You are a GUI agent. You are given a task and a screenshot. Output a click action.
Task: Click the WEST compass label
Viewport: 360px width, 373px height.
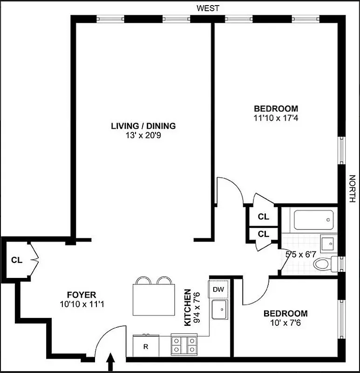208,8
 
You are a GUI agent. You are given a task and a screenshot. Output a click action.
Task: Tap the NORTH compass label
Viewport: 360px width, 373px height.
352,189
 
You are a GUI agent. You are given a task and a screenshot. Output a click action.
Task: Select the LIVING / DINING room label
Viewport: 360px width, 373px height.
143,126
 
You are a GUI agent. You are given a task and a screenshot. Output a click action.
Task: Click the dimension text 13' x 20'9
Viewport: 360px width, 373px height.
143,136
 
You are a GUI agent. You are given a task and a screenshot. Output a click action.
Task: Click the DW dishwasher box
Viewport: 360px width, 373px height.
218,290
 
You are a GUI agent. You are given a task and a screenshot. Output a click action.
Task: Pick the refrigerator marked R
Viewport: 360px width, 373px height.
145,346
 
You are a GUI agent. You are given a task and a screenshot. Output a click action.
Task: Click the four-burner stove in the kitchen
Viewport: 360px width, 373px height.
185,346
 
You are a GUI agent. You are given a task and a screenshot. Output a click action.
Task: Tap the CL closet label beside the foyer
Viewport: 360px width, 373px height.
17,260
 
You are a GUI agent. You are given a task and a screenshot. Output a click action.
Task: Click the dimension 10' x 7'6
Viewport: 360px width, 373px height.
285,323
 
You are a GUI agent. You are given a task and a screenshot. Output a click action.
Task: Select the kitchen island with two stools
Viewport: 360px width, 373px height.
153,299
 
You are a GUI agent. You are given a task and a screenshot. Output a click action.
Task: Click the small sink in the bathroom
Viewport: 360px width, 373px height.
328,243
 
